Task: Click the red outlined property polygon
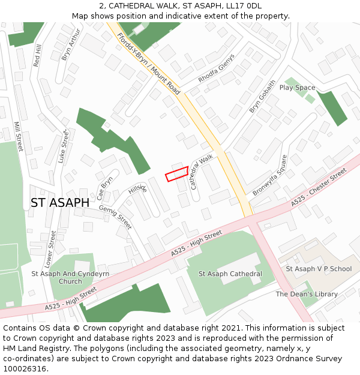(177, 173)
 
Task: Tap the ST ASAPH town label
(60, 203)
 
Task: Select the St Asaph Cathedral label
(230, 274)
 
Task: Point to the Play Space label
(297, 88)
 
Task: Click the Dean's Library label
(307, 294)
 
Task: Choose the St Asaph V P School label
(319, 269)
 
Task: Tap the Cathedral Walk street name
(202, 172)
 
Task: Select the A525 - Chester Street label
(319, 188)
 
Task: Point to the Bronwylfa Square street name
(270, 175)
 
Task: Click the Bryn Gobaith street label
(263, 97)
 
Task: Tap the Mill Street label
(17, 136)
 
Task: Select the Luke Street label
(63, 147)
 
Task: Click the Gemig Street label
(115, 217)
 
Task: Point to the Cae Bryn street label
(104, 188)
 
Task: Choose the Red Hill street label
(38, 55)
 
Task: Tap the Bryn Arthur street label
(70, 44)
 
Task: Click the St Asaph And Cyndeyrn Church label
(70, 277)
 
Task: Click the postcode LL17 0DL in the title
(244, 6)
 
